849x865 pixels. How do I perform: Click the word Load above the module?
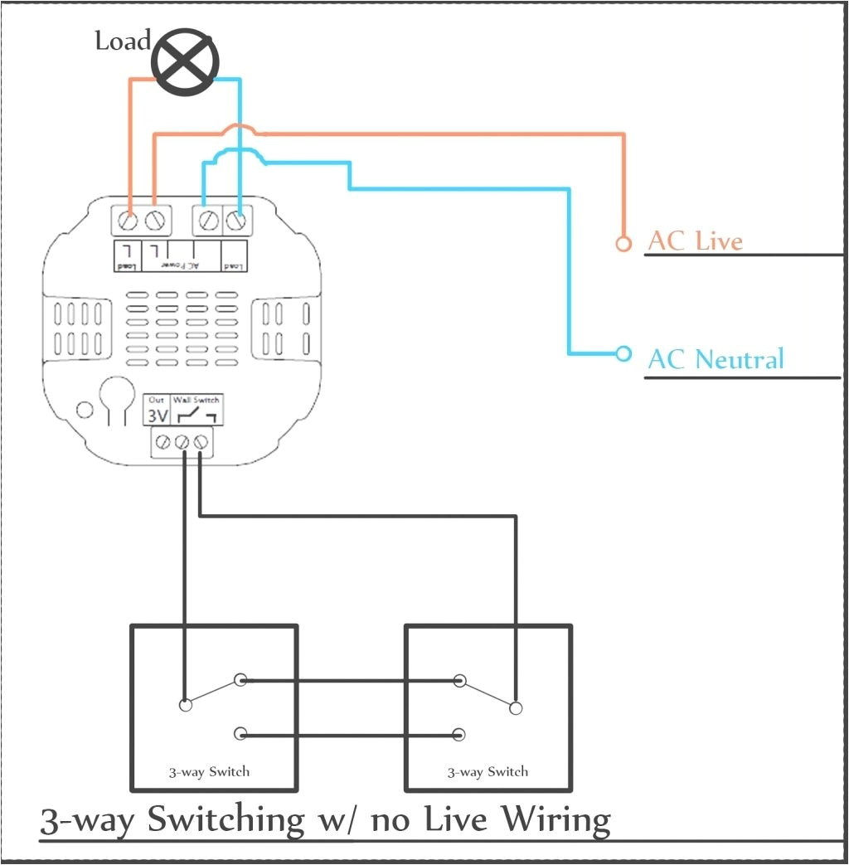[123, 41]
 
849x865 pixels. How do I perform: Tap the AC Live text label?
[695, 241]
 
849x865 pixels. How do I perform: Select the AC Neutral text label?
[716, 359]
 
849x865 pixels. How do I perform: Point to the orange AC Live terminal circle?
[623, 243]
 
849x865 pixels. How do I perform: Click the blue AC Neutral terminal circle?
[623, 353]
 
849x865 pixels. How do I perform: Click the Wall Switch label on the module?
[196, 400]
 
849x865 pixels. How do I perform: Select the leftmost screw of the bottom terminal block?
[164, 443]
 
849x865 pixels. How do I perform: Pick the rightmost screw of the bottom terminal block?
[201, 443]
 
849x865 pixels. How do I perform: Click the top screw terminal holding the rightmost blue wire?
[238, 221]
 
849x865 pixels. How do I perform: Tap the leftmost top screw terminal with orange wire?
[128, 221]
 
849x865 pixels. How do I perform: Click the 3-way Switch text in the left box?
[209, 771]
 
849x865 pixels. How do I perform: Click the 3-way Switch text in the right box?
[488, 771]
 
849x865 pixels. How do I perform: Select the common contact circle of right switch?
[516, 707]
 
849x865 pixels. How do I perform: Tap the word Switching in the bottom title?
[226, 819]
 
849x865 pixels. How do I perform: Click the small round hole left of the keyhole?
[84, 409]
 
